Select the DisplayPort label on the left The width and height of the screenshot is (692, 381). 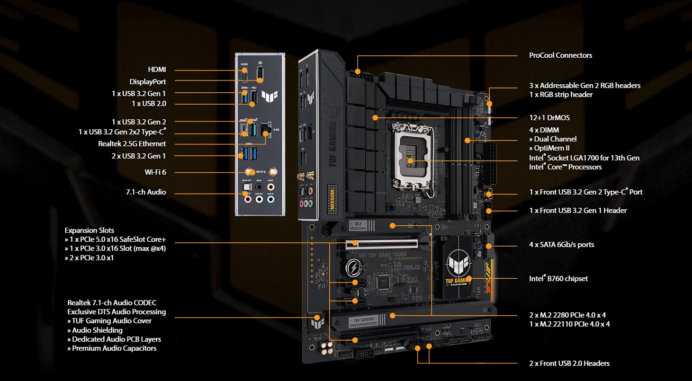point(148,81)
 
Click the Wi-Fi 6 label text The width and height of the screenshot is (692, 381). point(155,172)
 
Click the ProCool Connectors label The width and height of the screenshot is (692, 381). point(560,55)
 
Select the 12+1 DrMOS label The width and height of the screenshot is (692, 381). point(549,118)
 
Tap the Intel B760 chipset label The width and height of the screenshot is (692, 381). point(558,278)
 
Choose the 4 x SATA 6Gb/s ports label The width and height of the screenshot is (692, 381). point(561,245)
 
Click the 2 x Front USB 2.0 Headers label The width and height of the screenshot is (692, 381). point(569,363)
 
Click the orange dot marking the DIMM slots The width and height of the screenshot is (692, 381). point(467,140)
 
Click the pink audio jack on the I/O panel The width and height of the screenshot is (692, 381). point(247,200)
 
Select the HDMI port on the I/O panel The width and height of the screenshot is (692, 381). point(244,75)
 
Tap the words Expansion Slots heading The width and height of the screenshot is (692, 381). point(90,230)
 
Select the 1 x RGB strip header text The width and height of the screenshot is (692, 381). point(561,95)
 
